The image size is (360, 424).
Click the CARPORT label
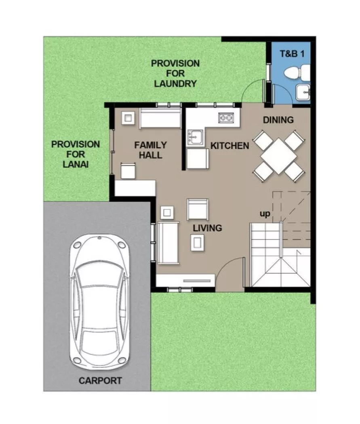100,380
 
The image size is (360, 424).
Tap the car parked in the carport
100,300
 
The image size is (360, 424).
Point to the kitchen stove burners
226,118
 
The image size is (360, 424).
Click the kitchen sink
195,137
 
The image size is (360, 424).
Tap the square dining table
279,156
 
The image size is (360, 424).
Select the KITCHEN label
229,146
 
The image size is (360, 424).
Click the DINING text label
278,120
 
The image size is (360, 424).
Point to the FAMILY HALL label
150,150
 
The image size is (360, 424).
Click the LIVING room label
207,228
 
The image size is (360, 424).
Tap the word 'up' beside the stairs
265,213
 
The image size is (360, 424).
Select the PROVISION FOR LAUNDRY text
175,73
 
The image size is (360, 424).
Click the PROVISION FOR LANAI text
75,154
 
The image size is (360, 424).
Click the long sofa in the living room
167,242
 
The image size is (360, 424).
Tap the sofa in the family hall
160,118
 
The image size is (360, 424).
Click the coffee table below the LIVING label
198,242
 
